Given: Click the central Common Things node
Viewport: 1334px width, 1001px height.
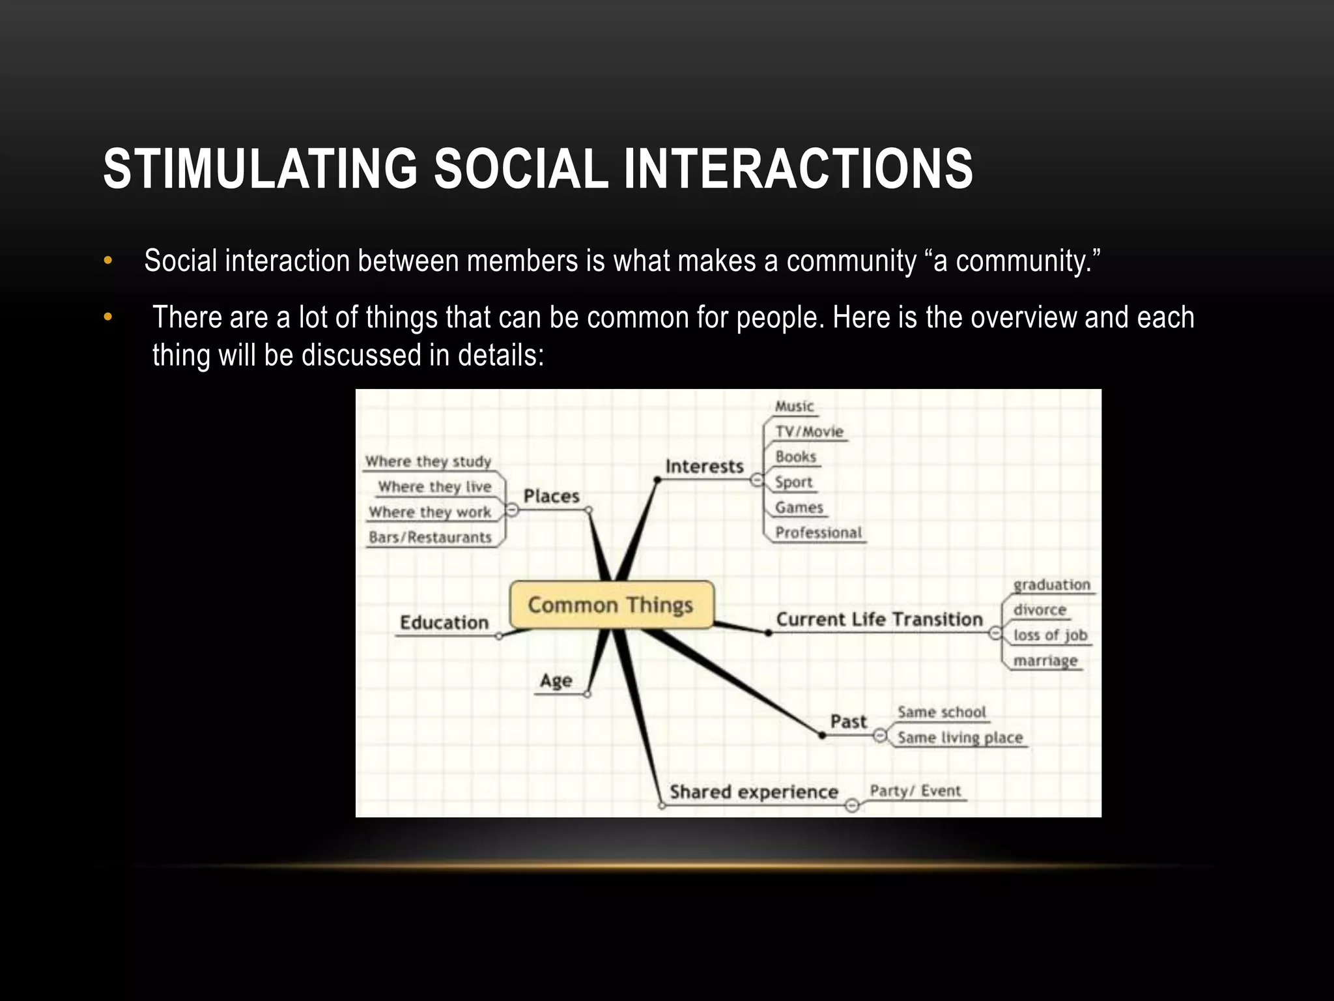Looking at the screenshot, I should point(611,605).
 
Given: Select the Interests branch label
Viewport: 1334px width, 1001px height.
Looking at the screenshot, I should point(704,467).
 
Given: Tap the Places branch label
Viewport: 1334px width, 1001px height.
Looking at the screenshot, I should point(551,496).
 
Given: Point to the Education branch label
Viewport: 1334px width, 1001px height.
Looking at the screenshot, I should point(444,622).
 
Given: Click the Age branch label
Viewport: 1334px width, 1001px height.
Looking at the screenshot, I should point(556,681).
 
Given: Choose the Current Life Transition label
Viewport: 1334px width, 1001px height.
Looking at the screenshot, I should point(879,619).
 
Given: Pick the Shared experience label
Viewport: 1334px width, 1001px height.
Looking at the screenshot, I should point(754,792).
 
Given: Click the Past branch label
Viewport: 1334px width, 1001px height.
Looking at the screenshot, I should point(848,721).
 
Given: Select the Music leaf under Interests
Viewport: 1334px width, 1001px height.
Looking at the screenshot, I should point(794,407).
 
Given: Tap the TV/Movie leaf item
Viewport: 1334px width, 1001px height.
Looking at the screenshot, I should point(809,431).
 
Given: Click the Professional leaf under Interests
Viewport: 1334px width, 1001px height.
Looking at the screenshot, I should point(818,532).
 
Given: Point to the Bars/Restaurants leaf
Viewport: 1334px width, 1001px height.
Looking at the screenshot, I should point(430,538).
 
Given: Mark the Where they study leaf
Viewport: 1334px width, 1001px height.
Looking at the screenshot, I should point(428,461).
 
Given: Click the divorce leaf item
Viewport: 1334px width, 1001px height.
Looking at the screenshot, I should point(1040,610).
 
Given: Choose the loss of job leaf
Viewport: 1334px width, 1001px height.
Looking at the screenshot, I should point(1050,635).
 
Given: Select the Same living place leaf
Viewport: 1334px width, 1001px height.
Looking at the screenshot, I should point(960,738).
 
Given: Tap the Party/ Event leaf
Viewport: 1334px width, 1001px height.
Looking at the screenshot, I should point(915,791).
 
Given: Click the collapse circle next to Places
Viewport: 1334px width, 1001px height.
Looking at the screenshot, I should point(513,510).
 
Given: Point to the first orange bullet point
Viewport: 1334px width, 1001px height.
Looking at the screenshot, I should point(108,261).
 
